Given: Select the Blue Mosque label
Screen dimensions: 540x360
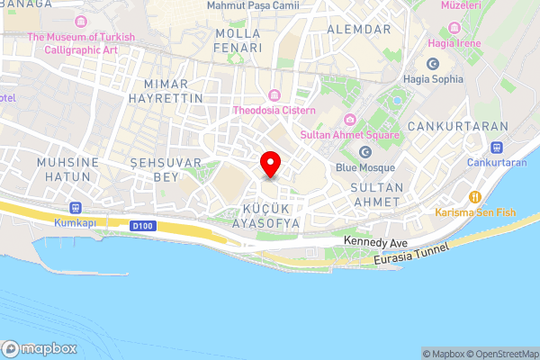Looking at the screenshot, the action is click(x=365, y=166).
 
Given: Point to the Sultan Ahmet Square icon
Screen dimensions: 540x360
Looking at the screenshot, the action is click(x=349, y=121).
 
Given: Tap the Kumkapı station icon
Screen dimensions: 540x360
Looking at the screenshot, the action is click(x=74, y=205).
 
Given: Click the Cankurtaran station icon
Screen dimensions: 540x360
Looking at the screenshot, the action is click(x=496, y=148).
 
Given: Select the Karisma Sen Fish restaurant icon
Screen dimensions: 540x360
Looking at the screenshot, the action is click(x=474, y=196).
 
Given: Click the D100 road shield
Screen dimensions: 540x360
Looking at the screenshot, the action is click(x=140, y=225).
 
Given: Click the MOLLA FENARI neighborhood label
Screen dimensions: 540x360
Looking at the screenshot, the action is click(x=238, y=40).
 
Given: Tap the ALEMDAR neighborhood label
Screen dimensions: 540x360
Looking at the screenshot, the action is click(x=360, y=29).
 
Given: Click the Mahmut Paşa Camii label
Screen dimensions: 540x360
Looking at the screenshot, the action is click(x=253, y=5).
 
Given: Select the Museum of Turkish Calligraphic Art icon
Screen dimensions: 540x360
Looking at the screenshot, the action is click(x=81, y=21).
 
